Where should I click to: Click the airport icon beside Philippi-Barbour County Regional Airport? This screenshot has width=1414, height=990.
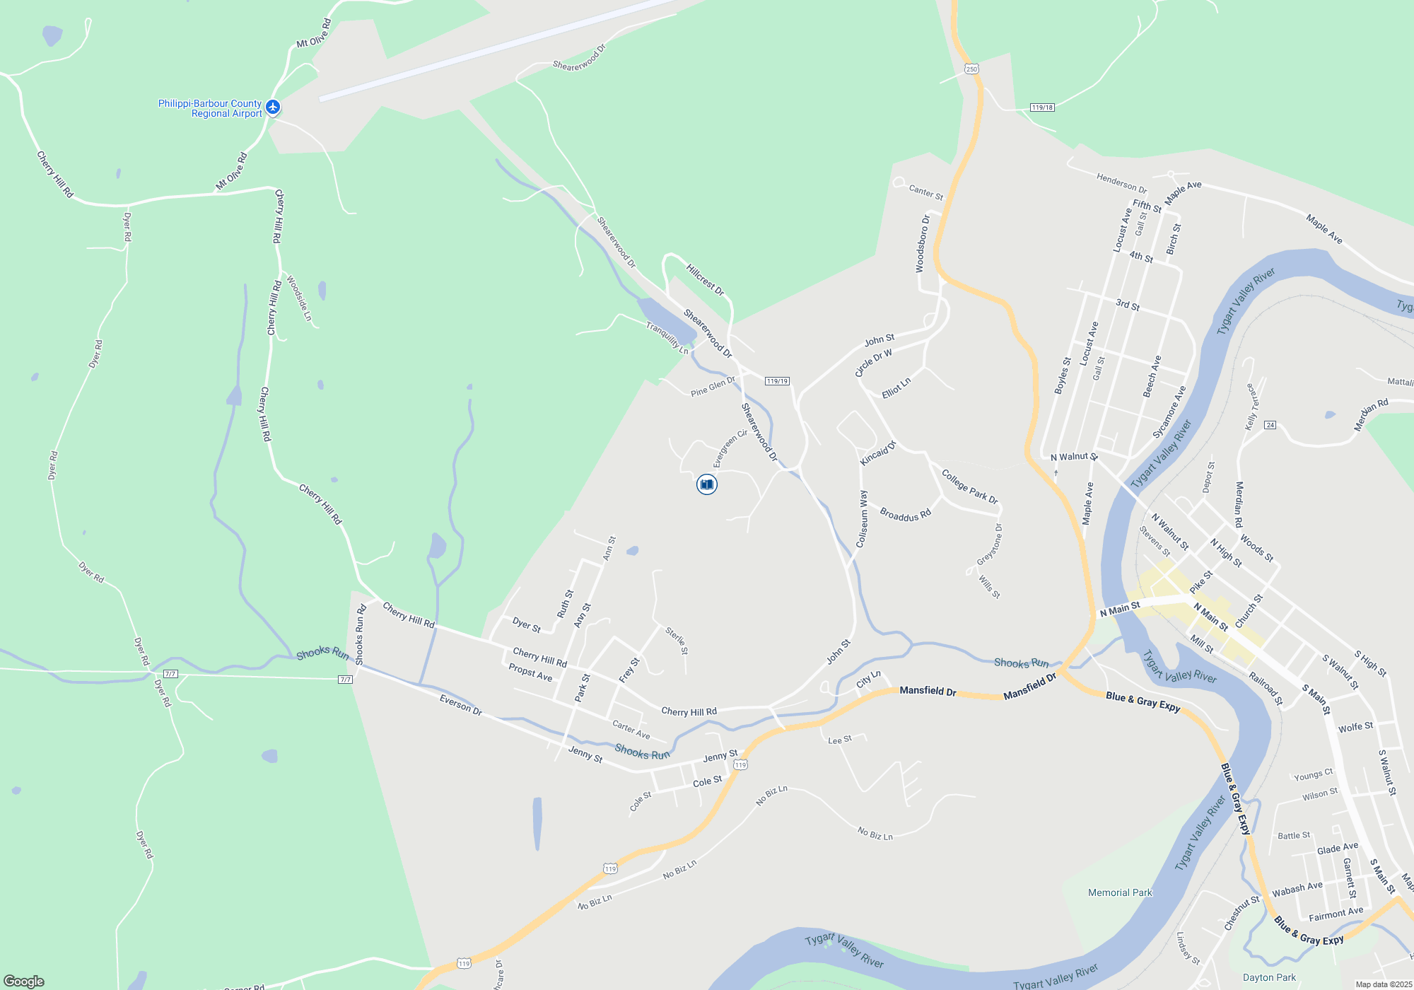point(273,107)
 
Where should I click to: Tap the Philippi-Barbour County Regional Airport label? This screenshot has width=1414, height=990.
point(210,108)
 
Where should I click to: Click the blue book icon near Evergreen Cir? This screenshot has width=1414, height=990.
point(706,484)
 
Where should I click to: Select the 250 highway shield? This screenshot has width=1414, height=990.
point(971,69)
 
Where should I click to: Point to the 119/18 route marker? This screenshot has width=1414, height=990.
point(1042,107)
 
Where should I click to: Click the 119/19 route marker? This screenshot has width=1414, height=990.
point(777,381)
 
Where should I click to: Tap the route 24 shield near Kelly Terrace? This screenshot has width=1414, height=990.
point(1270,425)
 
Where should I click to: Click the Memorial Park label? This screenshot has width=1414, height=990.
point(1120,892)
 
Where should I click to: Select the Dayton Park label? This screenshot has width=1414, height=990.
point(1269,977)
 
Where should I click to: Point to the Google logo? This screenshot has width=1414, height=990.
point(23,982)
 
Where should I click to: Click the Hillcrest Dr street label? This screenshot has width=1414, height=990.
point(705,279)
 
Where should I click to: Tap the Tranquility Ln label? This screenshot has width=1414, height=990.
point(667,337)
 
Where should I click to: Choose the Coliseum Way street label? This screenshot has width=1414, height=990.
point(862,519)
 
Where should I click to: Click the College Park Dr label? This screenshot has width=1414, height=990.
point(969,486)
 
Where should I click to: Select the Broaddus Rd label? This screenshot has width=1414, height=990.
point(905,514)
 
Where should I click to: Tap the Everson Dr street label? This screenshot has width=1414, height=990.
point(460,705)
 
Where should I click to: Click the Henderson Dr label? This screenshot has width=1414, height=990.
point(1121,182)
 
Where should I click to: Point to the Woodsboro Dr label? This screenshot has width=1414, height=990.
point(922,243)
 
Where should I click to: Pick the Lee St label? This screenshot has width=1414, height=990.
point(840,740)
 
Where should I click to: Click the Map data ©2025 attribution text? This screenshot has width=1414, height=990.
point(1383,984)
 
